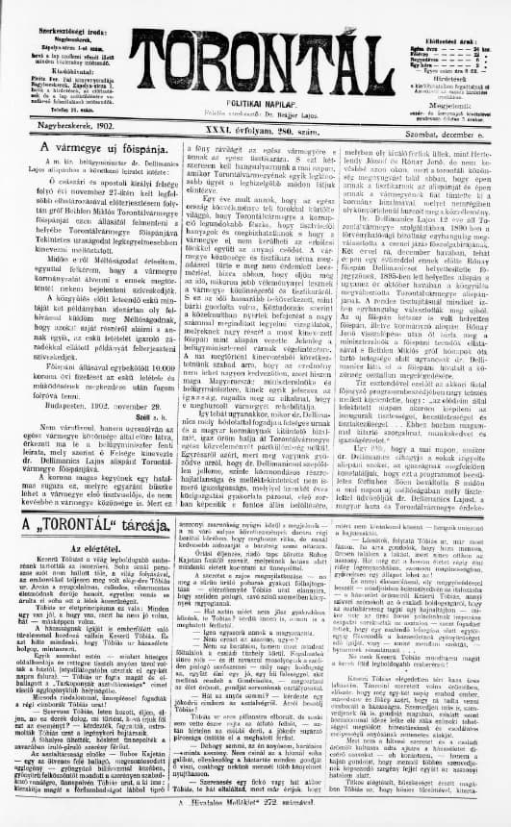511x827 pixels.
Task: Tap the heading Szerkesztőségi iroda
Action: [x=59, y=11]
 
